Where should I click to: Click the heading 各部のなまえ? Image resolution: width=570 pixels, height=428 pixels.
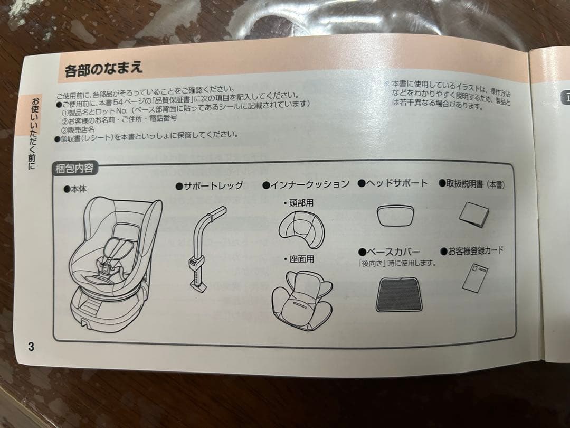click(x=103, y=70)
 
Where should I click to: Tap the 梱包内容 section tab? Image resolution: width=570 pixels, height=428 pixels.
click(x=74, y=169)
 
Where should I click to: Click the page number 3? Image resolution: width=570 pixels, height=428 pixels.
click(x=31, y=347)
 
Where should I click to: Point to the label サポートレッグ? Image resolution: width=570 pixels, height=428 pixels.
click(x=210, y=185)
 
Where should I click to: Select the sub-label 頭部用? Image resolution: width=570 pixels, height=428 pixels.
click(x=298, y=203)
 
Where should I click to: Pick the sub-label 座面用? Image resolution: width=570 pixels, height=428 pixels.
click(x=299, y=259)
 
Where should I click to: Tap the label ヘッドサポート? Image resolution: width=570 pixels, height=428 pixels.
click(x=393, y=183)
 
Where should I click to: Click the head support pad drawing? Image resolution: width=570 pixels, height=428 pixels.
click(x=395, y=215)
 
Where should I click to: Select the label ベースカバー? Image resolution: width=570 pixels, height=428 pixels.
click(x=393, y=252)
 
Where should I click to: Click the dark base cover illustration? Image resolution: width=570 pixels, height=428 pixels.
click(x=399, y=294)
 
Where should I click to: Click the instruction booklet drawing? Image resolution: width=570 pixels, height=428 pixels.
click(x=473, y=215)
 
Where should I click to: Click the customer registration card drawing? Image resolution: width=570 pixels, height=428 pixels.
click(x=474, y=277)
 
